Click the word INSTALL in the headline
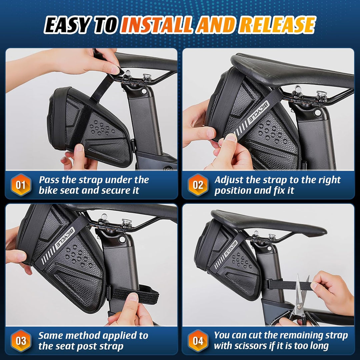[157, 25]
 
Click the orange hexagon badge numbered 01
[21, 185]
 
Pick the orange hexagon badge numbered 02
[198, 185]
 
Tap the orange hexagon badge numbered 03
[21, 340]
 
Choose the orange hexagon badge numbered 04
[198, 340]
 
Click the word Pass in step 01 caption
[49, 180]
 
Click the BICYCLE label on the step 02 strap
[259, 113]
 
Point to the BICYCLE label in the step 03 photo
[65, 237]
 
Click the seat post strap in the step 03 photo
[134, 295]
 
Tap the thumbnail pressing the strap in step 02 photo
[230, 138]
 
